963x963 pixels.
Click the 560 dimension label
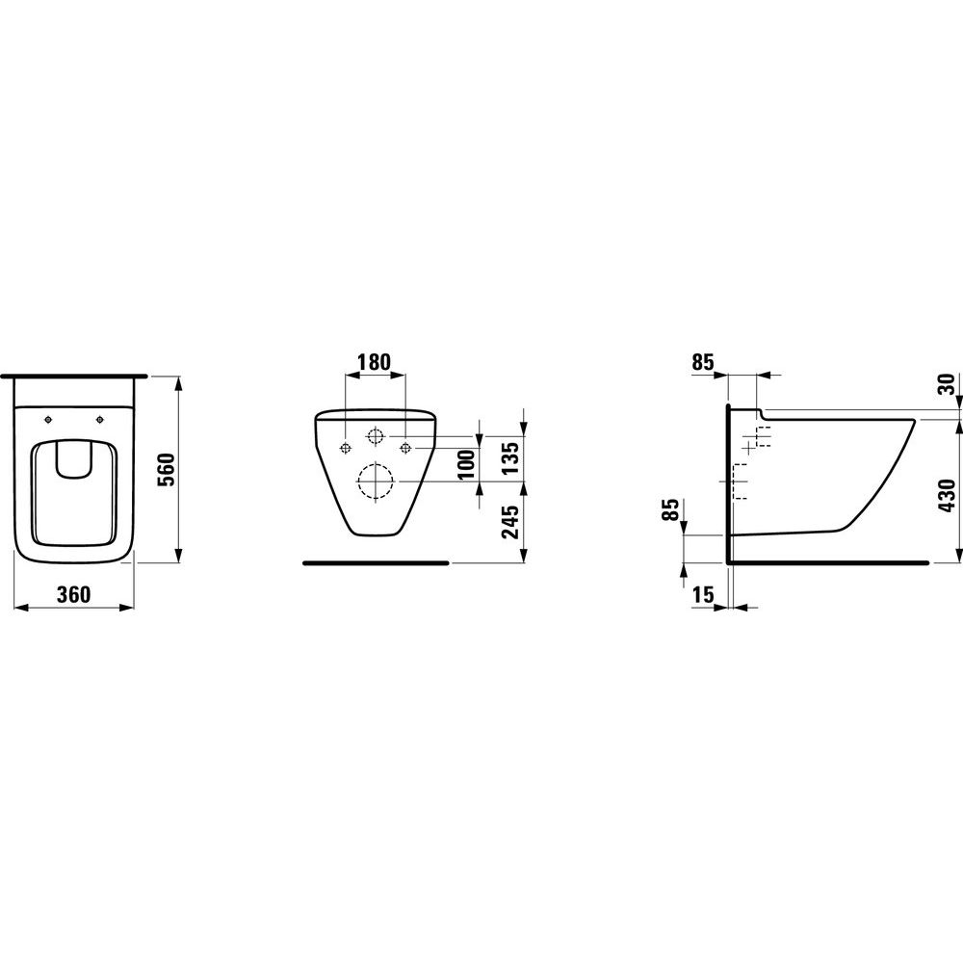[x=167, y=471]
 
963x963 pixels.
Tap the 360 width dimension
[x=74, y=594]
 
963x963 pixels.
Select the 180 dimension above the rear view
[x=374, y=362]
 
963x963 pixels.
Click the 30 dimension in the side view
[x=949, y=384]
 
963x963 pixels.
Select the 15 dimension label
[x=704, y=594]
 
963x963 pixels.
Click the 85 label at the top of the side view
[x=703, y=362]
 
